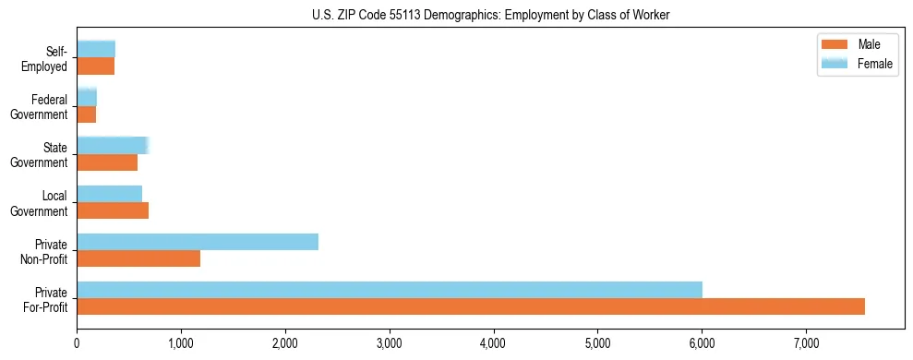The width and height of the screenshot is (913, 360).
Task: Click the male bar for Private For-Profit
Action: (471, 306)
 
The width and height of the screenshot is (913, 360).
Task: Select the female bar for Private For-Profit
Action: (390, 290)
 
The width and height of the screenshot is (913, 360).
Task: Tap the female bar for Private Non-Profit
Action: (198, 242)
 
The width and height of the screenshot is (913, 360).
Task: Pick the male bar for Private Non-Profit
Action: (138, 258)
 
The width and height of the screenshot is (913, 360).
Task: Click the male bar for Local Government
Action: (113, 210)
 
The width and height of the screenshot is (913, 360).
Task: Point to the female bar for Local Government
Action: (109, 193)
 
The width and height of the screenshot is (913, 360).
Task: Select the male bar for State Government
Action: (107, 162)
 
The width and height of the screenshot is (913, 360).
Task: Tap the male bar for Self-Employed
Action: (96, 66)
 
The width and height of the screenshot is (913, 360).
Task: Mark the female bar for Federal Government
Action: (87, 97)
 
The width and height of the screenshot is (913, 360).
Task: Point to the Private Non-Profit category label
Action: (46, 251)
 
